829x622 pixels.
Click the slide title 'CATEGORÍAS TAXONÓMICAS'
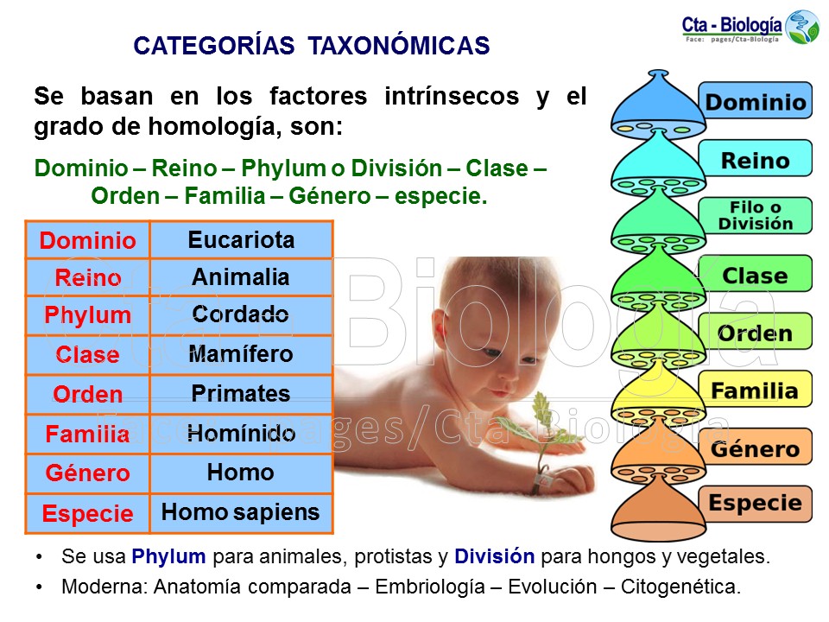click(312, 46)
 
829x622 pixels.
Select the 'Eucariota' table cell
click(241, 240)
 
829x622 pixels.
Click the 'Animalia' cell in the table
click(241, 278)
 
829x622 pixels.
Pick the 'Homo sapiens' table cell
click(241, 512)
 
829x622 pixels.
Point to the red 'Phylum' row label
click(88, 315)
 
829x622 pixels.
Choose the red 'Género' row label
click(88, 473)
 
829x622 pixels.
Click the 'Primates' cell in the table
click(241, 394)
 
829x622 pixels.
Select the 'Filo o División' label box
click(755, 216)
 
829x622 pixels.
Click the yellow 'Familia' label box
click(755, 391)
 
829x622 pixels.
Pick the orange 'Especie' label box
click(755, 504)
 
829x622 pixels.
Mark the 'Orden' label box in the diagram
click(755, 333)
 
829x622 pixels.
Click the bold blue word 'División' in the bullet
click(495, 557)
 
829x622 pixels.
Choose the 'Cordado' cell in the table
click(241, 314)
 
